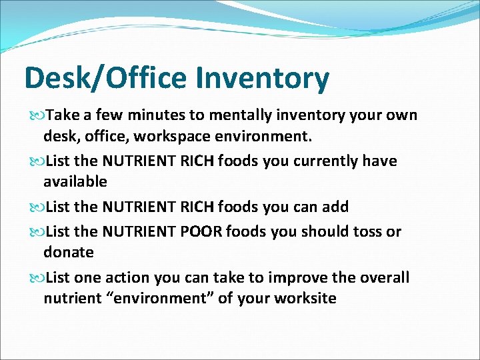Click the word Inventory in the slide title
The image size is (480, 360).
pyautogui.click(x=262, y=79)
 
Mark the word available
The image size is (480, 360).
pyautogui.click(x=75, y=182)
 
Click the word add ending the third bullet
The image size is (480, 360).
pyautogui.click(x=334, y=207)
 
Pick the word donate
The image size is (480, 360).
pyautogui.click(x=69, y=253)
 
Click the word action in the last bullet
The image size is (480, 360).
pyautogui.click(x=131, y=277)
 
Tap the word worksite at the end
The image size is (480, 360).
pyautogui.click(x=309, y=299)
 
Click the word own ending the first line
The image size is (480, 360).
pyautogui.click(x=403, y=115)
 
